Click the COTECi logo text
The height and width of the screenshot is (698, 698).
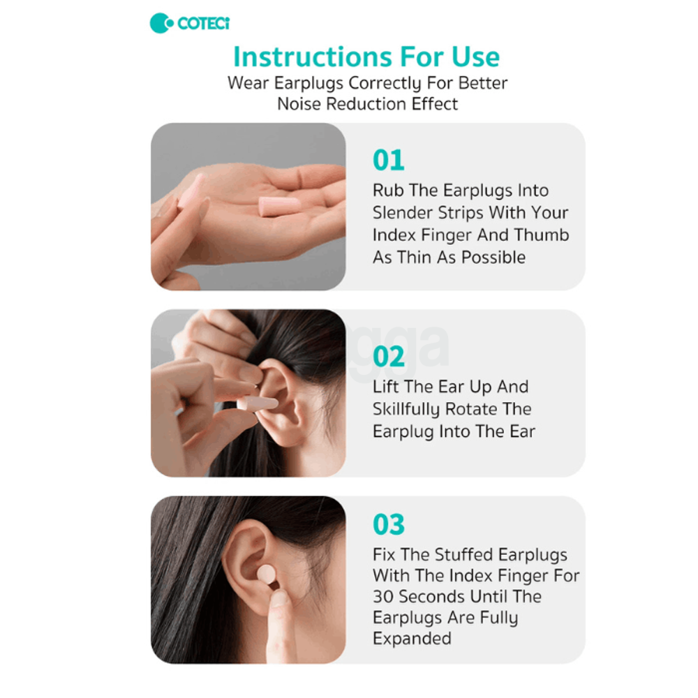(203, 23)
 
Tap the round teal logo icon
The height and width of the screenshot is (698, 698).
(161, 23)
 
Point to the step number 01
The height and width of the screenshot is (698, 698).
(388, 161)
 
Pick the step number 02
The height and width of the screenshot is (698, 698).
(388, 357)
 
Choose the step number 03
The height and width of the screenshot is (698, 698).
(388, 524)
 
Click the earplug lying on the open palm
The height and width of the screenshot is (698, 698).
(279, 205)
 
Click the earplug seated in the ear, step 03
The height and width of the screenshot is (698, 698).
(266, 575)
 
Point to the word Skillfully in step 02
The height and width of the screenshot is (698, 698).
(413, 409)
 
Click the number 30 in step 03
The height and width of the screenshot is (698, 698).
(383, 597)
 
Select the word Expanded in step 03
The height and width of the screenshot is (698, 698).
(412, 639)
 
